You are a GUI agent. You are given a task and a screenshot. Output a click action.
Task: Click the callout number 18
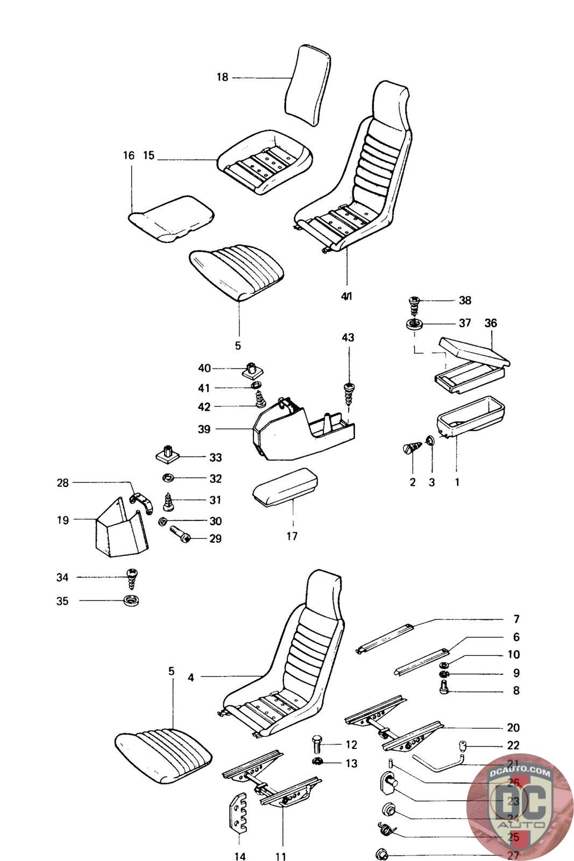[x=222, y=77]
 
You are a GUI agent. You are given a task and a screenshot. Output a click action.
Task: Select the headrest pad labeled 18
[x=307, y=85]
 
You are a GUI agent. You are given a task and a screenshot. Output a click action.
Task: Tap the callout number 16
[x=128, y=156]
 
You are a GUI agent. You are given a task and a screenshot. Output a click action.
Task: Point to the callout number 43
[x=348, y=337]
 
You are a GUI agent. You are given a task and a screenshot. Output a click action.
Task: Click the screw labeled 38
[x=414, y=306]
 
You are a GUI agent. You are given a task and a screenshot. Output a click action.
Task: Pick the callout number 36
[x=491, y=323]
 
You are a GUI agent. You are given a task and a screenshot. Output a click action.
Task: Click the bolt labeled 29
[x=181, y=534]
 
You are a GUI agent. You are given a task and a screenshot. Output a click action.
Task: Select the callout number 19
[x=63, y=520]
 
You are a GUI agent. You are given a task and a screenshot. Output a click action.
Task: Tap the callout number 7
[x=516, y=619]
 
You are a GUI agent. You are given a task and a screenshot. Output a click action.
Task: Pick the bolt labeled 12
[x=317, y=745]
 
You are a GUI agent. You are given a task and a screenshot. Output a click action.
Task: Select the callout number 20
[x=513, y=728]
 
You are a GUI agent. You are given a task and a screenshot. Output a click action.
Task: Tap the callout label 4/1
[x=347, y=297]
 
